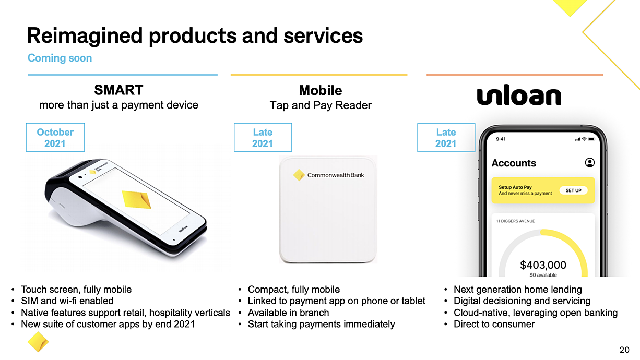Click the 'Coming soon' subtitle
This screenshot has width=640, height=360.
tap(60, 58)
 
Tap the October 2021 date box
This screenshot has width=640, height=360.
tap(55, 137)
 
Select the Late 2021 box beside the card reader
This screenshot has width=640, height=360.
tap(263, 137)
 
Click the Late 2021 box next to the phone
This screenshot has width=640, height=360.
tap(446, 137)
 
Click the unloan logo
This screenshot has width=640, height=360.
tap(519, 95)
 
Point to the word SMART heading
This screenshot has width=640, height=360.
tap(118, 90)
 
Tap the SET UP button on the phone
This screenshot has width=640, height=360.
tap(573, 190)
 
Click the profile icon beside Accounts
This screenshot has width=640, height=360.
tap(590, 162)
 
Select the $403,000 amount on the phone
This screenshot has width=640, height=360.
tap(543, 265)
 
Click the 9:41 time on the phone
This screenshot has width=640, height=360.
tap(501, 139)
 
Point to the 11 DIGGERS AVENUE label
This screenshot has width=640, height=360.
tap(515, 221)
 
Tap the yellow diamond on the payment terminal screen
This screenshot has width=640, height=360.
tap(136, 199)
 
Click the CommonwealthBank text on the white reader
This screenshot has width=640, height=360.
tap(336, 175)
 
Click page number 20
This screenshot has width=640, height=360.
tap(624, 350)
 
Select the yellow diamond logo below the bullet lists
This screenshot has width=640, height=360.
tap(38, 342)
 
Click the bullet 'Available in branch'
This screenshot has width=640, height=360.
tap(288, 313)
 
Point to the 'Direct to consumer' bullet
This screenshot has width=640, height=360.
tap(494, 324)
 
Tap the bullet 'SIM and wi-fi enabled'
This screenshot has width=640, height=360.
tap(67, 301)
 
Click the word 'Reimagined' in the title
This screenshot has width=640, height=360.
tap(85, 36)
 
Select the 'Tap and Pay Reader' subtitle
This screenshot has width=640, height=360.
tap(321, 105)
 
